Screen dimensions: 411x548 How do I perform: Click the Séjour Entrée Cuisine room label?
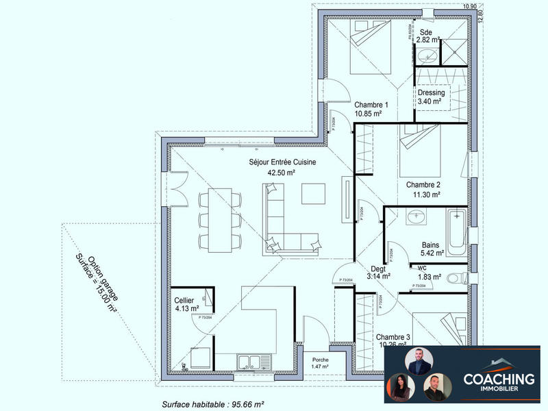click(281, 162)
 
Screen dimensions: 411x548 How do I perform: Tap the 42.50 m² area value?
click(281, 173)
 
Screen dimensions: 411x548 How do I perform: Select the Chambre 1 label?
click(371, 105)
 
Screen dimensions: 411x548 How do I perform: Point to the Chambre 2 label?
click(423, 185)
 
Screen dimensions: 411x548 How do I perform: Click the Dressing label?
click(431, 92)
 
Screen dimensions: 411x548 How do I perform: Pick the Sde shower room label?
click(426, 32)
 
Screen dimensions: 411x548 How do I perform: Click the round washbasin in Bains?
click(415, 218)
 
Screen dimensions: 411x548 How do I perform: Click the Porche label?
click(320, 360)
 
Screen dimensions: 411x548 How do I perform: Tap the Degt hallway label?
click(378, 269)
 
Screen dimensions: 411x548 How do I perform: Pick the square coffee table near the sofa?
click(314, 193)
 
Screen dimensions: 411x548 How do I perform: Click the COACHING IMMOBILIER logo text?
click(498, 382)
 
